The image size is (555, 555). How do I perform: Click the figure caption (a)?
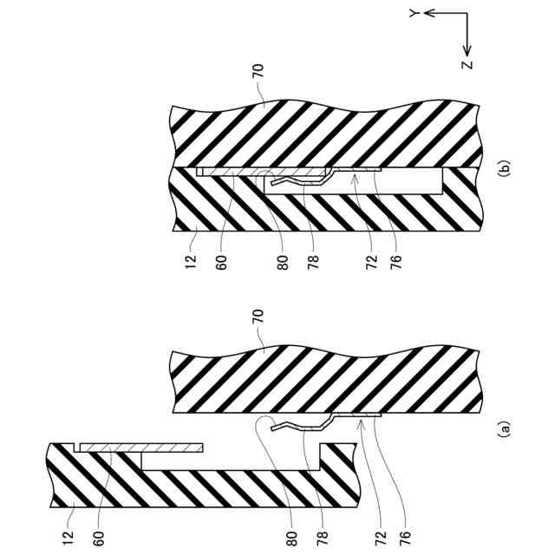pos(506,427)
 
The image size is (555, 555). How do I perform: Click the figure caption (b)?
pos(506,168)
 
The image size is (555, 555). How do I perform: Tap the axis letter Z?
pos(467,65)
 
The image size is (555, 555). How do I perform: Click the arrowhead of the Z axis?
pos(467,50)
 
